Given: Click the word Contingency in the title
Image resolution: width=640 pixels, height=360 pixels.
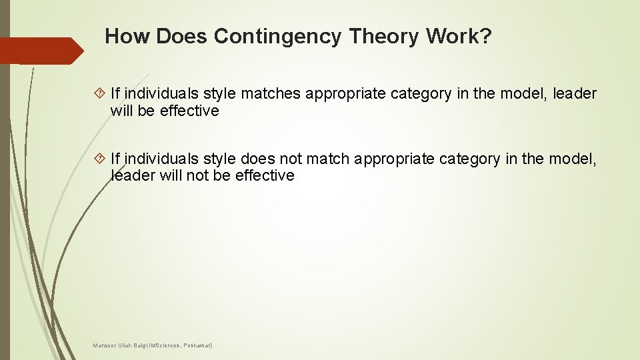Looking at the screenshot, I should click(x=277, y=37).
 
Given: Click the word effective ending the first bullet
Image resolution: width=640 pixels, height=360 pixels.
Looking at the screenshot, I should click(x=189, y=111).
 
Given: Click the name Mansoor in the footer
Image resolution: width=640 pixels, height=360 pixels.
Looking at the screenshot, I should click(x=104, y=345).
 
